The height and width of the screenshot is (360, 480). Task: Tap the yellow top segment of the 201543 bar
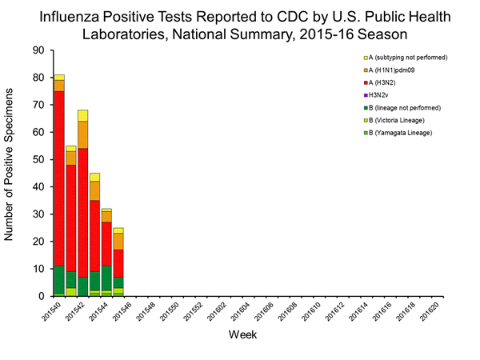click(x=94, y=177)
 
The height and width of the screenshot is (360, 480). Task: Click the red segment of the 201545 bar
click(x=118, y=263)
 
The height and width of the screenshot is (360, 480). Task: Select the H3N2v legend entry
click(x=380, y=94)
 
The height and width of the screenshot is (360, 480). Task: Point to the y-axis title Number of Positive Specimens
click(x=11, y=174)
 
